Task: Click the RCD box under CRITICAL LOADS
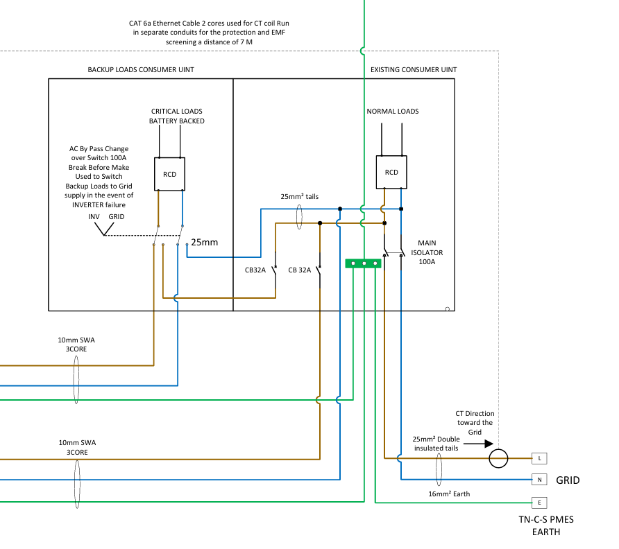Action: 170,174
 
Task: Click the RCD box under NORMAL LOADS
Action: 391,173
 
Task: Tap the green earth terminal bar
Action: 364,263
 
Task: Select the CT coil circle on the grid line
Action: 498,458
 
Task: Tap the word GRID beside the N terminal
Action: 567,480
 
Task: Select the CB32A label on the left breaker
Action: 255,270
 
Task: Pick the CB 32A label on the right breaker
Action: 300,270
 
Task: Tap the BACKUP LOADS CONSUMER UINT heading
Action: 141,70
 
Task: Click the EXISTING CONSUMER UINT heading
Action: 414,70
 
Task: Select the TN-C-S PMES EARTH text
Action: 546,525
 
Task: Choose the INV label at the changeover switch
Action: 94,217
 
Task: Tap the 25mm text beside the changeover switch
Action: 205,243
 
